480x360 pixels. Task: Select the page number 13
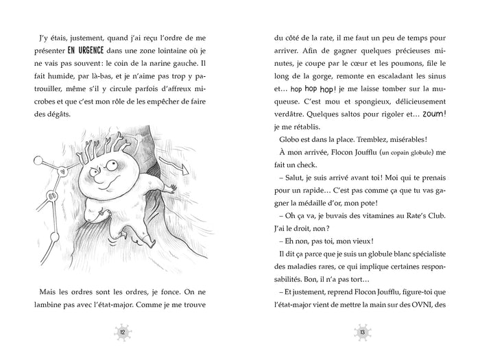[362, 333]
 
